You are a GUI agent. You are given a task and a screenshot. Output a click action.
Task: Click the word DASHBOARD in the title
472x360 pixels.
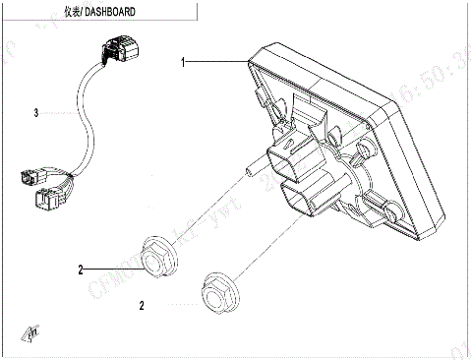pos(111,13)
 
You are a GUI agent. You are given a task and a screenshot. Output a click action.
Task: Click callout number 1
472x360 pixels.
pos(183,62)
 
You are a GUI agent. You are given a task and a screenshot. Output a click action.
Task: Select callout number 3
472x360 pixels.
pos(35,113)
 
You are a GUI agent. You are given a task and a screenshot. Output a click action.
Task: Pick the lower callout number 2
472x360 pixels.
pos(142,306)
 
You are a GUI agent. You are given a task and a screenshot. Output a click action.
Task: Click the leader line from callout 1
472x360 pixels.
pos(216,62)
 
